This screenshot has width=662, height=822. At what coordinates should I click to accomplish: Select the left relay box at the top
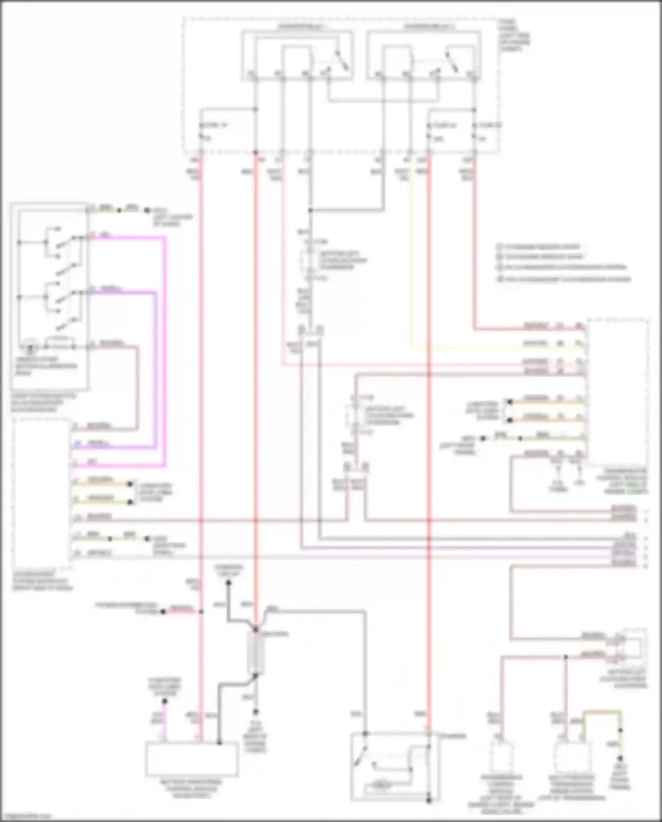click(x=297, y=55)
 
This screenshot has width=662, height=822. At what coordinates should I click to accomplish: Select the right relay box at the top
click(x=423, y=55)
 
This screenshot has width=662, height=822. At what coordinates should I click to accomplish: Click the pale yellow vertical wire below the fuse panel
click(x=411, y=265)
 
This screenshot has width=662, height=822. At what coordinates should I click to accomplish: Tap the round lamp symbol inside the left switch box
click(x=30, y=346)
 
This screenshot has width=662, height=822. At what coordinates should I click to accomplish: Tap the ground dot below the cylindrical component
click(x=256, y=712)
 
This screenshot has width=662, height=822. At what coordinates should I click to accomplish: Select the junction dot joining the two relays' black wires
click(x=311, y=211)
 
